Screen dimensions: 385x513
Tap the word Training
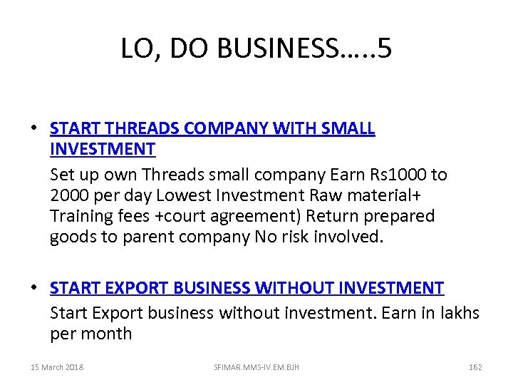pyautogui.click(x=80, y=216)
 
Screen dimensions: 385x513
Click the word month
pyautogui.click(x=107, y=333)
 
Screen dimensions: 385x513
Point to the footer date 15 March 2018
pyautogui.click(x=57, y=367)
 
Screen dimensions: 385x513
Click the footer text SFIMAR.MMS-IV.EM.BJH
pyautogui.click(x=256, y=367)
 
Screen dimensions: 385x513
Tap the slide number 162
pyautogui.click(x=475, y=367)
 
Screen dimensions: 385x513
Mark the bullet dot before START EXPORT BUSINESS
pyautogui.click(x=33, y=288)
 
